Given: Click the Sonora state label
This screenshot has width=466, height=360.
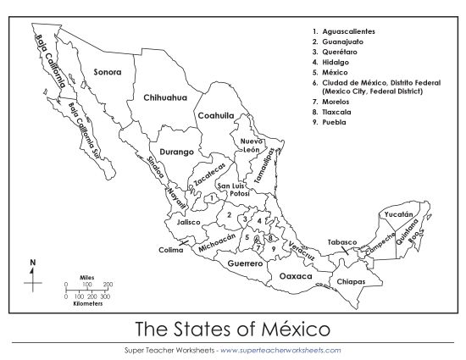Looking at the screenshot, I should click(x=108, y=72).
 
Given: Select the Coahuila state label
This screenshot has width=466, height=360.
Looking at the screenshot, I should click(x=216, y=116).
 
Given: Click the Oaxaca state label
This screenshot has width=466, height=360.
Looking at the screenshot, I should click(x=297, y=276).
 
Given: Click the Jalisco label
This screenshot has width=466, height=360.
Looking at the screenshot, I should click(x=188, y=222).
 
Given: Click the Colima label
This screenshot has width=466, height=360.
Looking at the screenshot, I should click(x=170, y=250).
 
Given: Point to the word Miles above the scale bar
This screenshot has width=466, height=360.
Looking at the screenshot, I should click(x=86, y=277).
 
